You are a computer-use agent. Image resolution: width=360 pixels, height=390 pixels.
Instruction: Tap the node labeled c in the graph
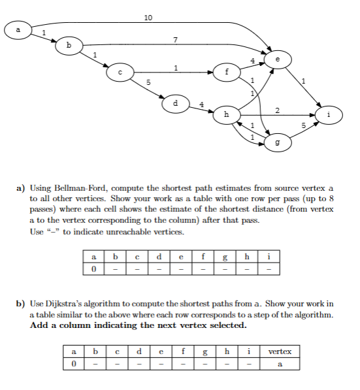[120, 73]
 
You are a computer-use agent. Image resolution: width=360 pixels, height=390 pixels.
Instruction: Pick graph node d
[175, 103]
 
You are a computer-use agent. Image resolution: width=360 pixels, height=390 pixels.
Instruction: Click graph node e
[278, 59]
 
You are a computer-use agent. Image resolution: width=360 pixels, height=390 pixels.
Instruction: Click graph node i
[329, 114]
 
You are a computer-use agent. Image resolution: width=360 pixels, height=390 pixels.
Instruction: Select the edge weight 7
[175, 41]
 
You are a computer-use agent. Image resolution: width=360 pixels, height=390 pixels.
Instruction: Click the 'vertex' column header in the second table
[281, 351]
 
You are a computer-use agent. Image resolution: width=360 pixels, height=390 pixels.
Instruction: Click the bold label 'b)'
[20, 303]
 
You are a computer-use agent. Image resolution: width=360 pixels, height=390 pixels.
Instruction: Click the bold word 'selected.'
[230, 325]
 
